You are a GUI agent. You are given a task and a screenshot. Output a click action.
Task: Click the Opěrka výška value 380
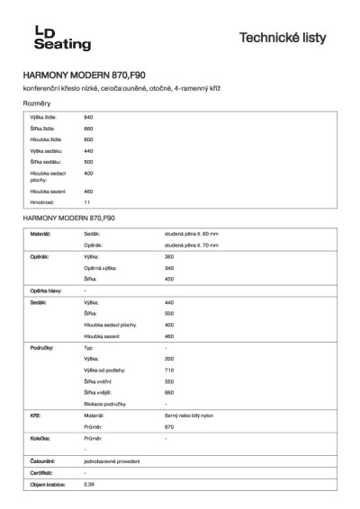tap(169, 257)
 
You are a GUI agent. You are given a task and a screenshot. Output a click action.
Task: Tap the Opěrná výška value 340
tap(169, 268)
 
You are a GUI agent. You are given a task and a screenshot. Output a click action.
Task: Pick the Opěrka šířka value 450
tap(169, 280)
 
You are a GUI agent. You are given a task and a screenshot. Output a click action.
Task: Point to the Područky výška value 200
tap(169, 358)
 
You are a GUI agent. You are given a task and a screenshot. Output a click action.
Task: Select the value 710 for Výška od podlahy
tap(169, 370)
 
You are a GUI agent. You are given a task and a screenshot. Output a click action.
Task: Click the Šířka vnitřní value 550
tap(169, 381)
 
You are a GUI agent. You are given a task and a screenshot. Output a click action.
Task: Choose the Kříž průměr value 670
tap(169, 426)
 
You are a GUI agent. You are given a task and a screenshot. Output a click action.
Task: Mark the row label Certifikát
tap(41, 472)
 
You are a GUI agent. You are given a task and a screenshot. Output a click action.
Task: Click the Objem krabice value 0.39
tap(88, 485)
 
